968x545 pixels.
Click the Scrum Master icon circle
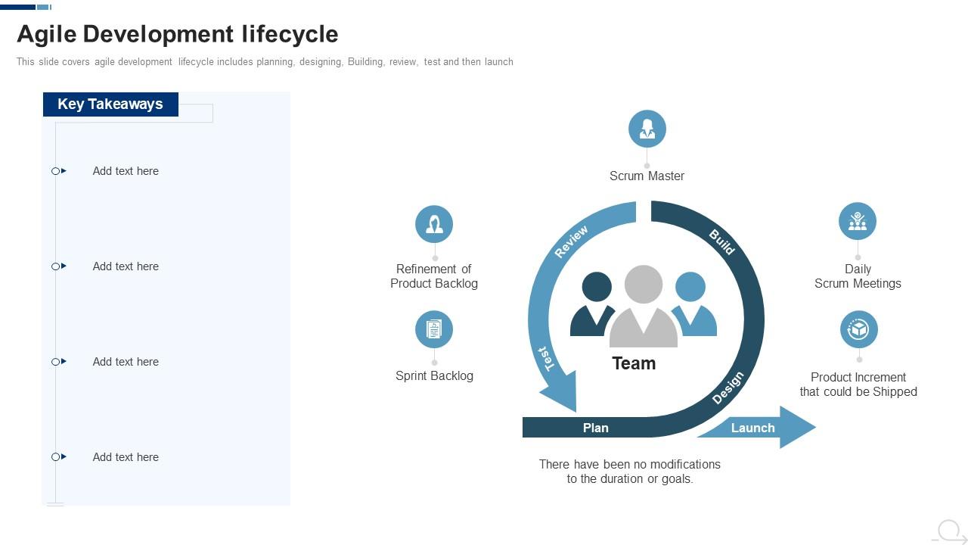pos(647,129)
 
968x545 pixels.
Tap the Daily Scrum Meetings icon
pos(857,221)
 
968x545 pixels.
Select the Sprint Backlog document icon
pos(434,329)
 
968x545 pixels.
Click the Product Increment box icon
pos(858,329)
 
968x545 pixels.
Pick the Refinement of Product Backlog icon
pos(434,224)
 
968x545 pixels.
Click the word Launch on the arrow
pos(752,428)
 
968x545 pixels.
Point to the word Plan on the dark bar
pos(595,428)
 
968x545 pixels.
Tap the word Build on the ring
pos(721,242)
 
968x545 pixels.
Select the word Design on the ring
pos(728,388)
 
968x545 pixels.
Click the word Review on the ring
pos(571,242)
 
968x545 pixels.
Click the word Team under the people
pos(634,363)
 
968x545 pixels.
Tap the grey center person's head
pos(644,285)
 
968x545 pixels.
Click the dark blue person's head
pos(597,287)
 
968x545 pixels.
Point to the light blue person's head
pos(690,287)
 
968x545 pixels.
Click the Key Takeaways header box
pos(110,104)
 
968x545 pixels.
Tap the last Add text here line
pos(126,457)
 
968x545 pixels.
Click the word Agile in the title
pos(47,34)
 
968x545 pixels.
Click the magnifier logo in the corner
pos(950,531)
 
